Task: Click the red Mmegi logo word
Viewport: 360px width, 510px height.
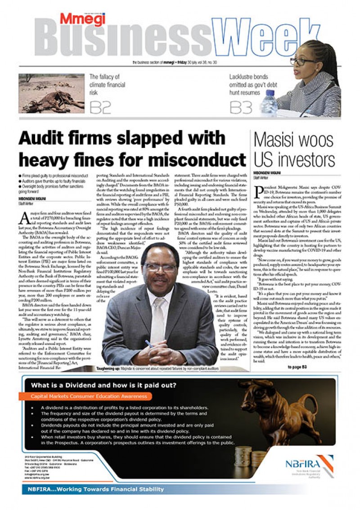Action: click(x=82, y=19)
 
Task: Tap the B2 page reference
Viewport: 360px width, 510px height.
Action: click(x=100, y=107)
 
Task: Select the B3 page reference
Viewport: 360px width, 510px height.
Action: click(x=240, y=107)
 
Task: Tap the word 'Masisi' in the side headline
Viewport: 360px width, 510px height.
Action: click(x=278, y=140)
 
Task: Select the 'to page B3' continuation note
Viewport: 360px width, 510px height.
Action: click(x=297, y=367)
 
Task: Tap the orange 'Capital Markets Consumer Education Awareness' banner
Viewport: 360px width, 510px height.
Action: click(x=89, y=396)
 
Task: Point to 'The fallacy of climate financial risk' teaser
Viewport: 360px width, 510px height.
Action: click(x=106, y=84)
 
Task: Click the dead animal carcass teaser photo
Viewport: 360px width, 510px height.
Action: click(x=51, y=94)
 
